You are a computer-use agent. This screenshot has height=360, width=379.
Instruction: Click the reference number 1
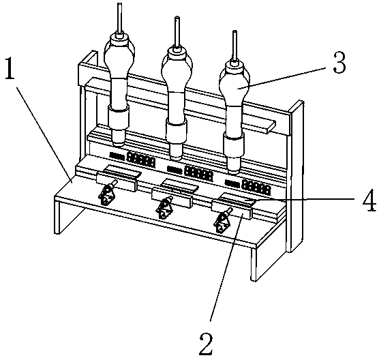(10, 68)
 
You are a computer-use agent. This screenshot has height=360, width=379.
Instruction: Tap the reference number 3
(339, 63)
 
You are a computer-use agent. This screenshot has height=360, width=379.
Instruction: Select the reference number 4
(369, 200)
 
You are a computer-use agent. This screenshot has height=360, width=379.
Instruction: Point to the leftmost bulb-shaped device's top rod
(120, 18)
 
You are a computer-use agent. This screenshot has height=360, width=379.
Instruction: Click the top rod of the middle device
(177, 32)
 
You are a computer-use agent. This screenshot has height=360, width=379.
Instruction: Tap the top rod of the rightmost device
(234, 46)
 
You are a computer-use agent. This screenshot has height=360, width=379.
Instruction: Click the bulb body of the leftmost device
(119, 57)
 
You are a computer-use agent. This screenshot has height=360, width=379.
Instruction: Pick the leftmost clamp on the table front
(106, 194)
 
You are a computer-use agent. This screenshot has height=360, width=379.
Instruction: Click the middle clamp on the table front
(164, 208)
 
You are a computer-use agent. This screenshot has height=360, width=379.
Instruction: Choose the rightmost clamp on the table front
(222, 221)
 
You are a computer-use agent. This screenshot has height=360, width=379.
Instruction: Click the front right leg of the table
(254, 265)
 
